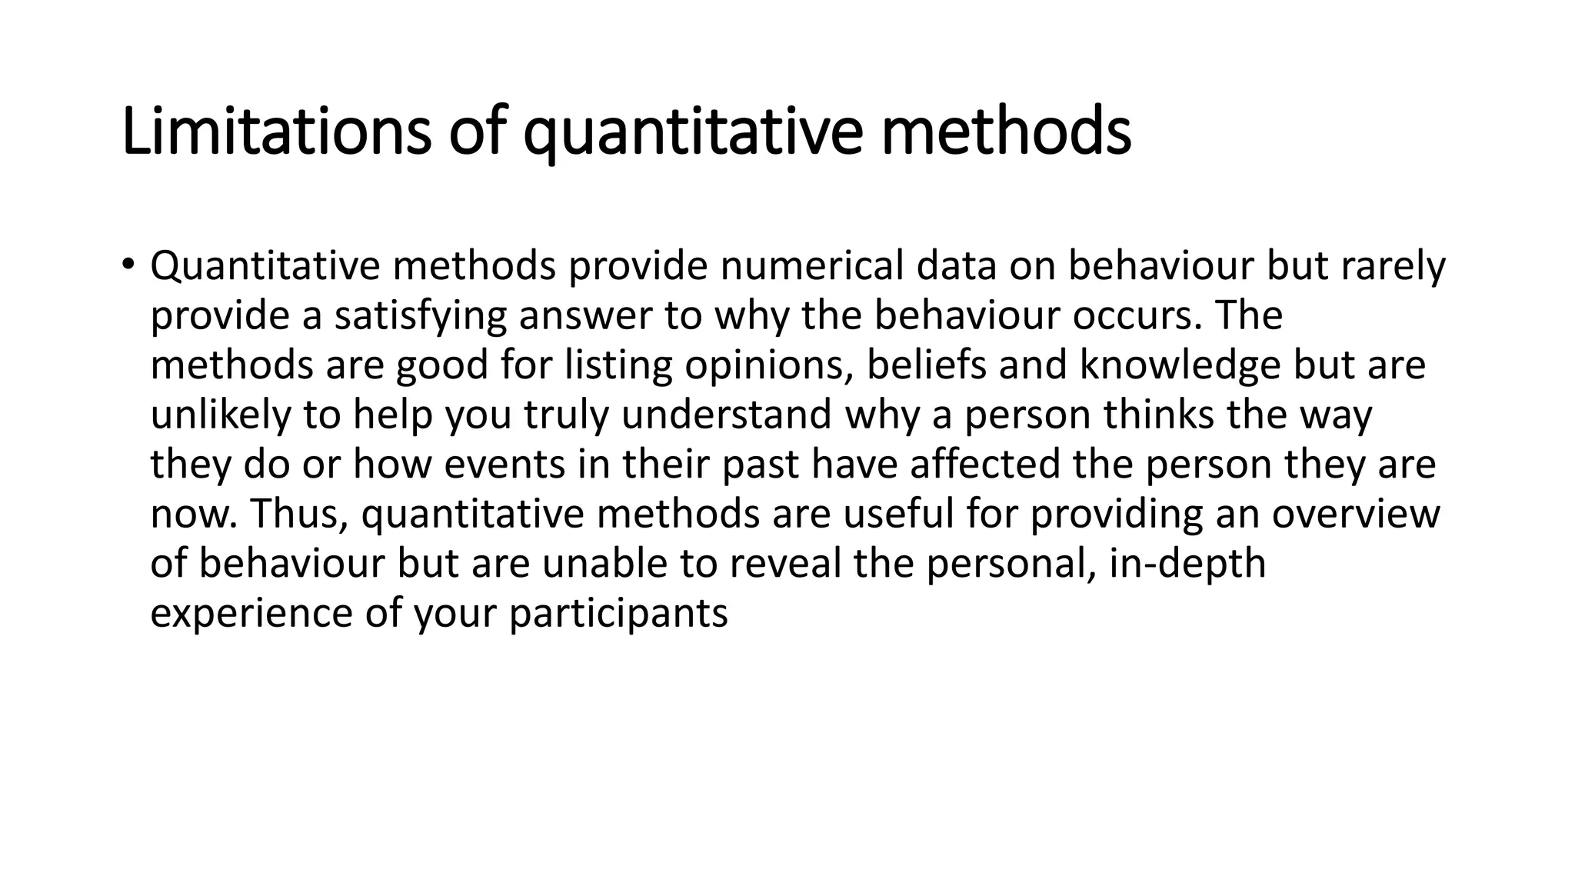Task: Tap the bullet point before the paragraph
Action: click(x=127, y=265)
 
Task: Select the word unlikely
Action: click(x=219, y=415)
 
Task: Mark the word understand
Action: click(x=727, y=415)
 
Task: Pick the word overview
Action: click(x=1355, y=514)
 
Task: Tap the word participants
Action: click(x=618, y=614)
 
